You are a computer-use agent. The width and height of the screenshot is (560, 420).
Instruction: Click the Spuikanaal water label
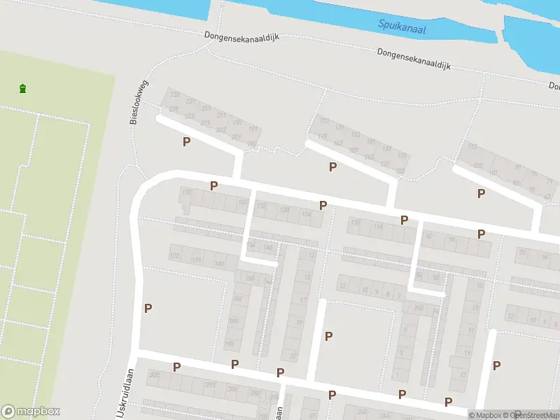(x=402, y=27)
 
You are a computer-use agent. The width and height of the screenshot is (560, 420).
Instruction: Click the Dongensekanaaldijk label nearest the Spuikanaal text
(x=412, y=59)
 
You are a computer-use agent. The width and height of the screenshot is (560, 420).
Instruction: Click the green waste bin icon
(x=23, y=89)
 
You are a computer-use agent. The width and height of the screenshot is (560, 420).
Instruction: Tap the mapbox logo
(x=31, y=412)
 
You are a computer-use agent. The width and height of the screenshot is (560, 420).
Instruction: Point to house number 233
(x=175, y=94)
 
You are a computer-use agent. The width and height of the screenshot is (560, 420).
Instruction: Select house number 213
(x=206, y=108)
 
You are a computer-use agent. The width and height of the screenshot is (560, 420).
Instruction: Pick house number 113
(x=472, y=148)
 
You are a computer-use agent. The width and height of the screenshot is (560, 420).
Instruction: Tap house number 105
(x=478, y=166)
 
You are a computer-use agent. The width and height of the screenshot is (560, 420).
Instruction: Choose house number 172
(x=174, y=257)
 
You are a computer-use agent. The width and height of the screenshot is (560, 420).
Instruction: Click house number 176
(x=197, y=260)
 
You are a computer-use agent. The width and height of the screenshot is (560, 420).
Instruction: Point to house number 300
(x=154, y=375)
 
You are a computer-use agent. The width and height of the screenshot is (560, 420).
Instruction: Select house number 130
(x=186, y=192)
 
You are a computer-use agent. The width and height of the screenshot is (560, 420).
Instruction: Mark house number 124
(x=306, y=214)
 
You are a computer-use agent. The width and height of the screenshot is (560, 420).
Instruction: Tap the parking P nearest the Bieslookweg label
(x=186, y=141)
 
